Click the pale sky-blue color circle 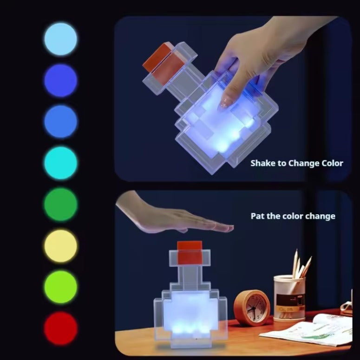click(61, 39)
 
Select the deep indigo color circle click(61, 80)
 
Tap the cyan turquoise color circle click(61, 163)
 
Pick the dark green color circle click(61, 204)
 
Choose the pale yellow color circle click(61, 246)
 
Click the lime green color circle click(61, 287)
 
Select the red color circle click(61, 328)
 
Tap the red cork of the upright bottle click(190, 253)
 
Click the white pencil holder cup click(289, 297)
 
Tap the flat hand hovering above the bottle click(175, 218)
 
